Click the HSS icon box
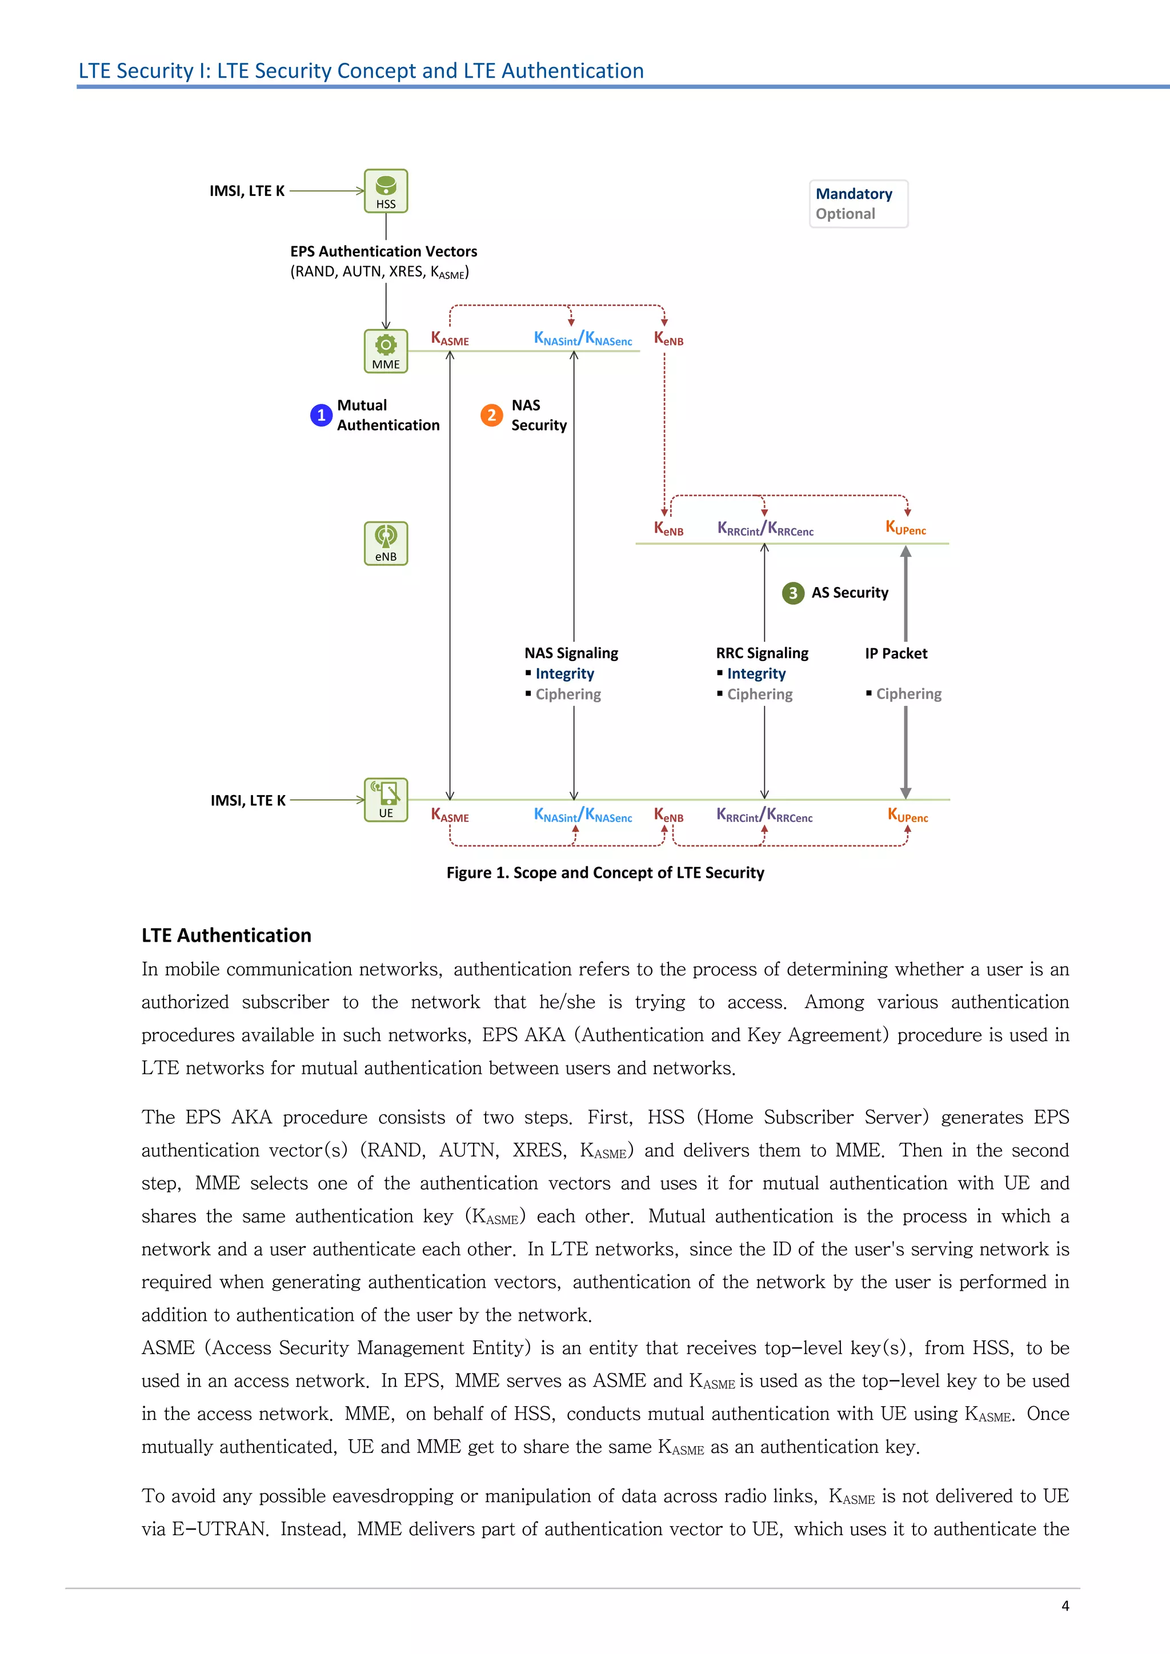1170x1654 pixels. point(386,191)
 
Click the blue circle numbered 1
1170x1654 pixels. point(320,415)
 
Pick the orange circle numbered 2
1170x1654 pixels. point(491,415)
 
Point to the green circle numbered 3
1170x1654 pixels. point(792,593)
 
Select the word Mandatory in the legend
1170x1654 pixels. point(854,194)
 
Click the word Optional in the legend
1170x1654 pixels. point(845,214)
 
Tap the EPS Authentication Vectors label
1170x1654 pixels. point(383,251)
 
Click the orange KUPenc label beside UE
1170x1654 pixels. point(907,816)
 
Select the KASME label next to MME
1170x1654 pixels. point(450,339)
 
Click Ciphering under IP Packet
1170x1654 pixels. point(908,694)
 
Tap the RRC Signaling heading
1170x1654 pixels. point(762,653)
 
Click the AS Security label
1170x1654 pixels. point(850,593)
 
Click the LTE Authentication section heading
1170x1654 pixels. point(226,935)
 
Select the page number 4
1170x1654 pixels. point(1065,1605)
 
